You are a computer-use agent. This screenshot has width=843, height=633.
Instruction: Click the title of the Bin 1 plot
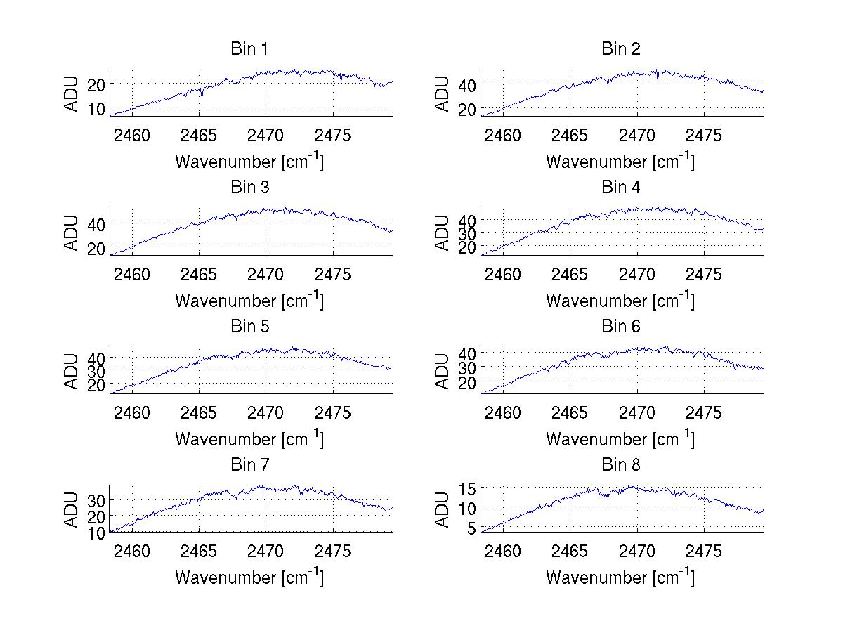point(249,49)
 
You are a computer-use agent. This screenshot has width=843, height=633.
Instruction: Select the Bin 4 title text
point(621,188)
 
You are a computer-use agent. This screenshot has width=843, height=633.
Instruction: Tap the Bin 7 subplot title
point(249,465)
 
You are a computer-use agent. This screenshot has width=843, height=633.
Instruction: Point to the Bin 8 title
point(621,465)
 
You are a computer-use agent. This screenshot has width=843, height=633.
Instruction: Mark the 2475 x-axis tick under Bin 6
point(703,412)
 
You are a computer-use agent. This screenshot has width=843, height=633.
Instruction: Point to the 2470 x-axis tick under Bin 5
point(266,412)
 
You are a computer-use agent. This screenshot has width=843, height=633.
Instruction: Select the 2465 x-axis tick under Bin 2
point(570,135)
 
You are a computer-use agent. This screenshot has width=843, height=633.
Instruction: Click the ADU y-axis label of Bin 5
point(72,370)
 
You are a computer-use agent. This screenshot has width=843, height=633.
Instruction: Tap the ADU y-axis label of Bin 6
point(443,370)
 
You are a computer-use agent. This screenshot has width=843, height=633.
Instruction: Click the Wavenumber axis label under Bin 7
point(249,577)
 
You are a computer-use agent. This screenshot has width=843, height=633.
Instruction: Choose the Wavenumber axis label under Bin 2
point(620,162)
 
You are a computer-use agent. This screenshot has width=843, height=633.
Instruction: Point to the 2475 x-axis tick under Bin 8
point(703,551)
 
